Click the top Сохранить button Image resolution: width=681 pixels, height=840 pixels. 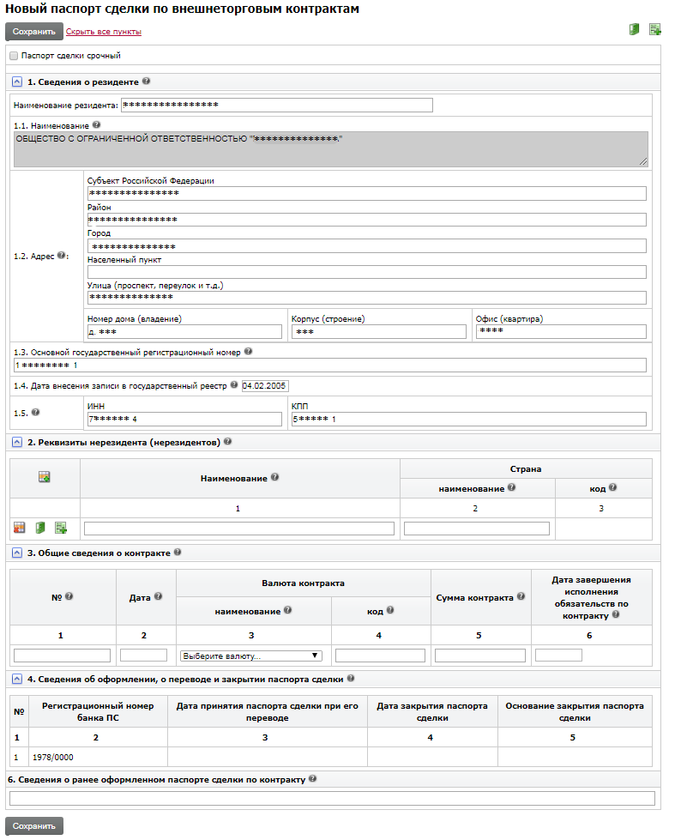[x=34, y=32]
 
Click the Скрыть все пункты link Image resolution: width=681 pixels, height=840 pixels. [x=104, y=32]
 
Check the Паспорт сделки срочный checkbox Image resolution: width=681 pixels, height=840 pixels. [x=14, y=56]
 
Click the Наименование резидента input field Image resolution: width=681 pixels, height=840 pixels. [x=276, y=106]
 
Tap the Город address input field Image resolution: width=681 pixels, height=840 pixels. [x=366, y=246]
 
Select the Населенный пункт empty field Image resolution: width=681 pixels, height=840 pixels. [x=366, y=272]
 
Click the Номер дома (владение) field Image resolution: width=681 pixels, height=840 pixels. [x=184, y=332]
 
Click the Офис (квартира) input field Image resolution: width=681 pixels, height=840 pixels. [x=561, y=332]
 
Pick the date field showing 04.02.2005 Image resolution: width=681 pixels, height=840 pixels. [x=266, y=385]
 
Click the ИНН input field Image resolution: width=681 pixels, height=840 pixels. [x=184, y=419]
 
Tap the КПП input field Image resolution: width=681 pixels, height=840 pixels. [x=468, y=419]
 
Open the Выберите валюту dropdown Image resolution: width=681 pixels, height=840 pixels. [x=250, y=656]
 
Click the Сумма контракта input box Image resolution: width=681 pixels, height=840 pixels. [x=480, y=656]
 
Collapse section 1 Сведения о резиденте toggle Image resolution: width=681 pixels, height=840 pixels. [x=17, y=82]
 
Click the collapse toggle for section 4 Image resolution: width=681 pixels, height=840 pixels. [x=17, y=679]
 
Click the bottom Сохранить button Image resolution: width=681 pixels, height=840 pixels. [x=34, y=825]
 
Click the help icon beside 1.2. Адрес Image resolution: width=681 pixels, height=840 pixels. [x=62, y=255]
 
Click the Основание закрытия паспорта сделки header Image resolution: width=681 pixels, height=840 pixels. [x=574, y=712]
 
